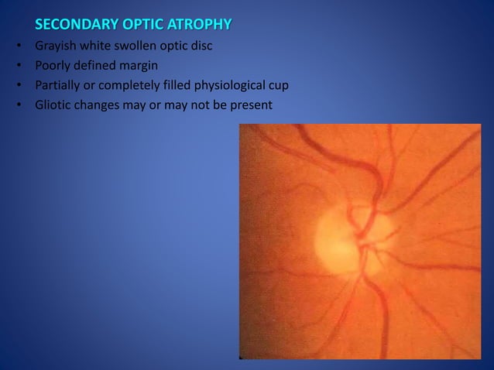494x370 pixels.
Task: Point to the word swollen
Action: [139, 46]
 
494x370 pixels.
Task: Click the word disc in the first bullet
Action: [201, 46]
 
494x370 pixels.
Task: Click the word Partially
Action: [59, 84]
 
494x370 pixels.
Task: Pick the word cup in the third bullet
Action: [278, 85]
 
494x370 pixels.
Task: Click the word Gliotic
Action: [53, 104]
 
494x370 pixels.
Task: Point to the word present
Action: [251, 104]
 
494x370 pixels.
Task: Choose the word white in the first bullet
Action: [97, 46]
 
